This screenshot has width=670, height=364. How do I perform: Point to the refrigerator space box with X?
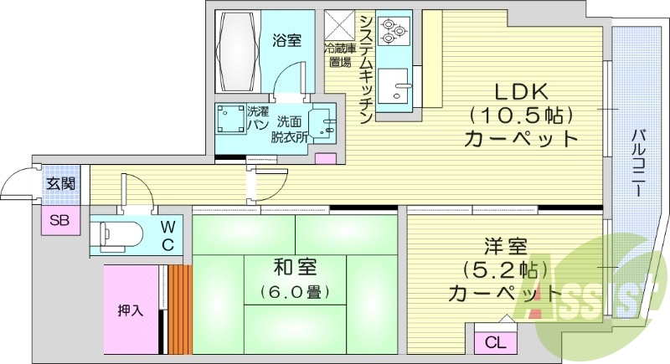(341, 23)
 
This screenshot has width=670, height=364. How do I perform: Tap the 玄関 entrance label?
(59, 182)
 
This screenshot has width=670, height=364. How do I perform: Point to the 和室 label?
(294, 268)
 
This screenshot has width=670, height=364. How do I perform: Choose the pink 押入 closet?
(131, 309)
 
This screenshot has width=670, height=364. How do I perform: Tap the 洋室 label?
(505, 248)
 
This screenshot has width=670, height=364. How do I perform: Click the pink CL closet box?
(496, 342)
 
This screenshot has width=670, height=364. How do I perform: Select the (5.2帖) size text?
(505, 270)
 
